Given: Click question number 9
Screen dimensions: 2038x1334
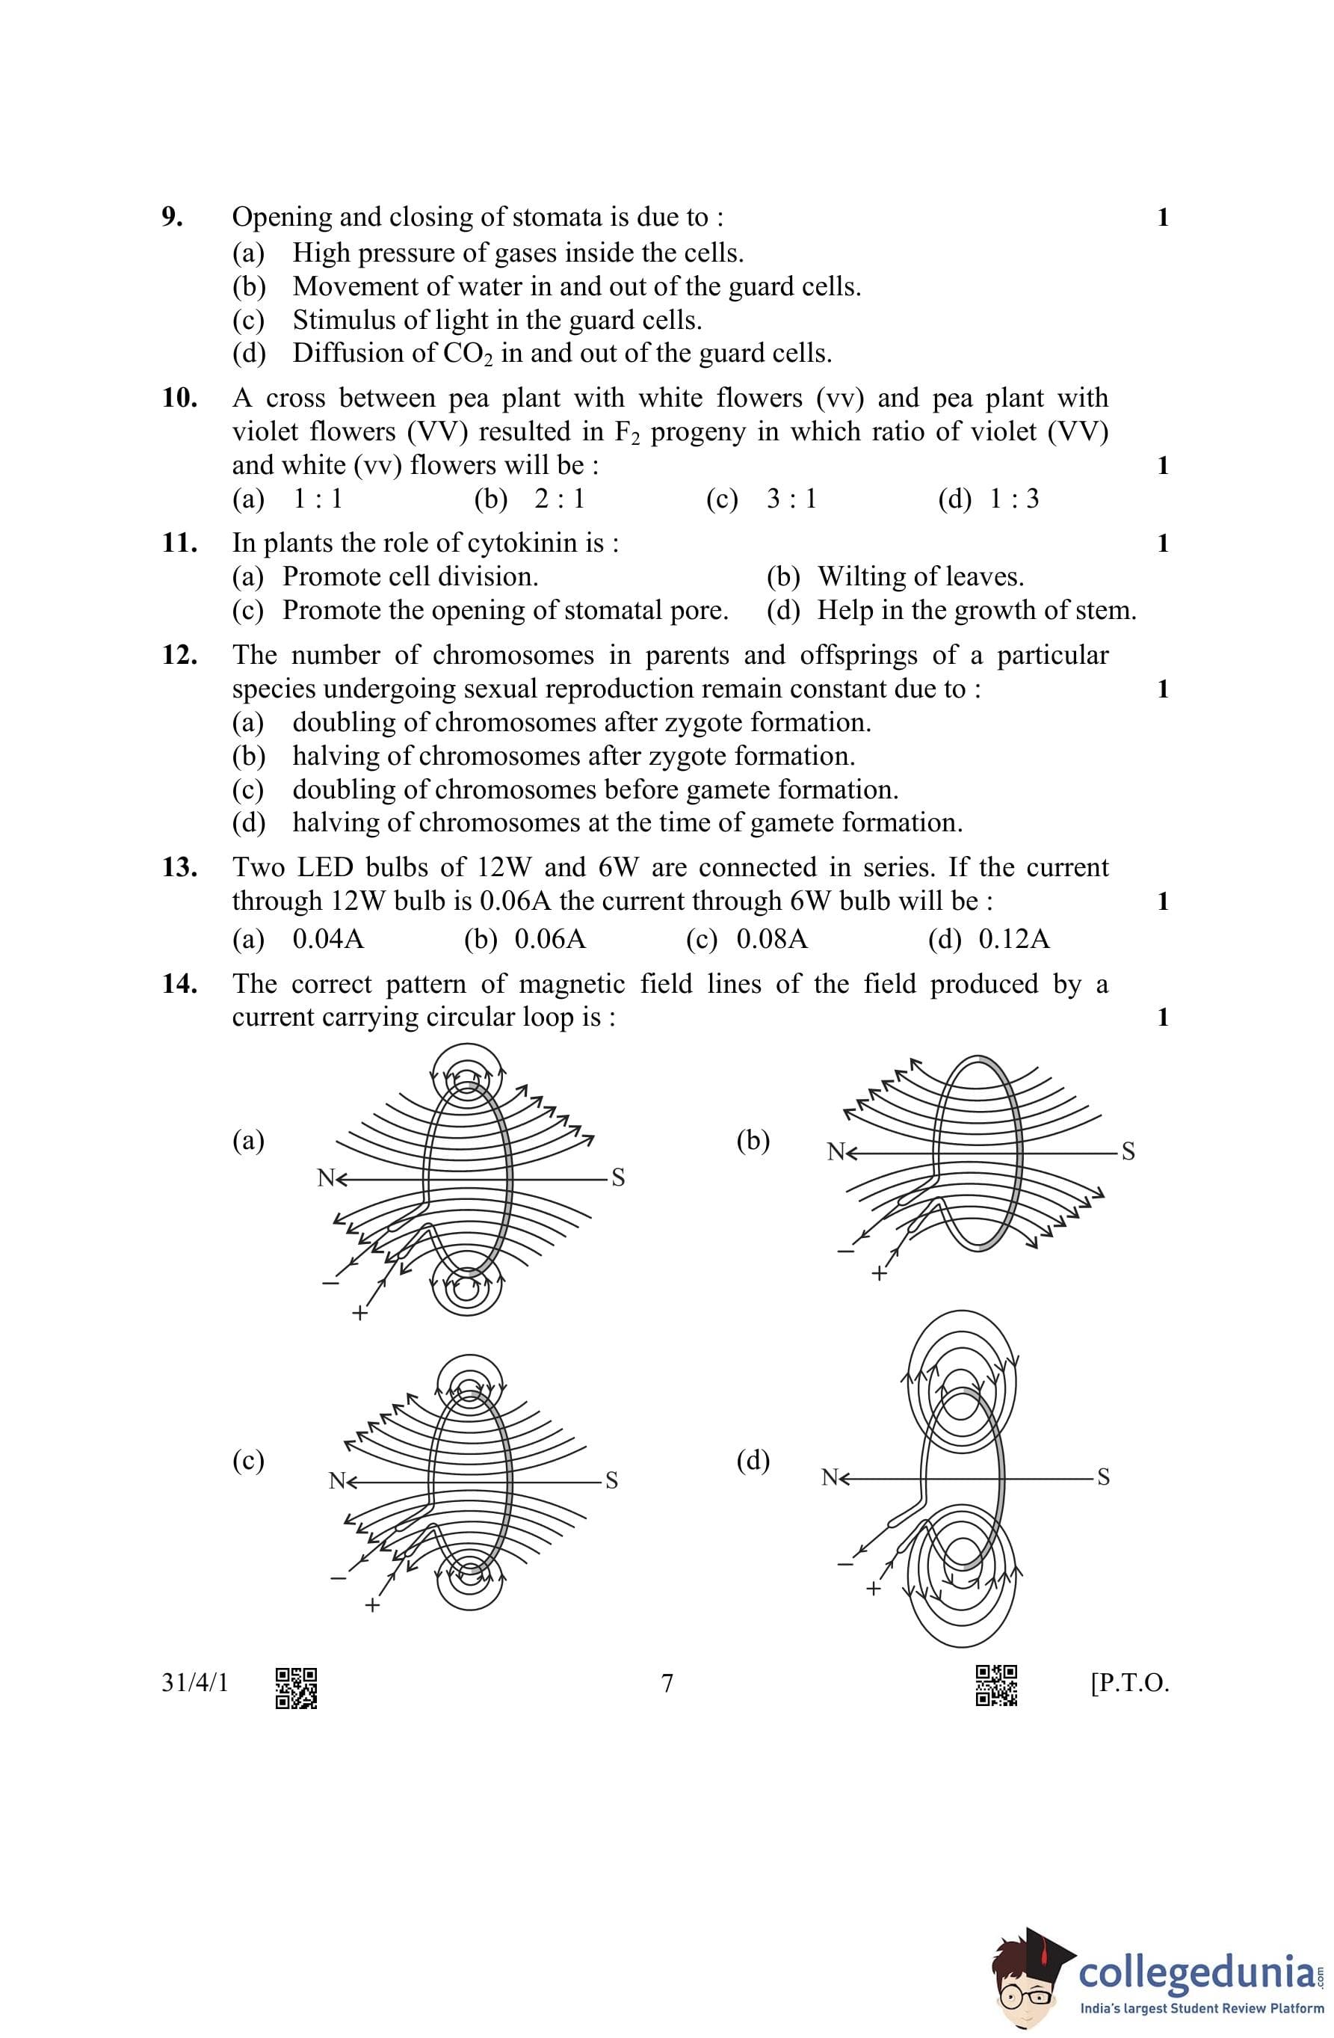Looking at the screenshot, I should [x=172, y=218].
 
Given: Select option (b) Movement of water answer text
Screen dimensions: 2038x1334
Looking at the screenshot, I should [x=576, y=286].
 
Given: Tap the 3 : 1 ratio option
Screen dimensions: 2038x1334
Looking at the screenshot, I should [x=791, y=499].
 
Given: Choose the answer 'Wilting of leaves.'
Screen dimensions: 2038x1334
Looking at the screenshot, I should [x=921, y=576].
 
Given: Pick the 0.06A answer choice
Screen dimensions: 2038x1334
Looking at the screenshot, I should [x=550, y=939].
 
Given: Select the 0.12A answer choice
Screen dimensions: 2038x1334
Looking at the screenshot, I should [x=1014, y=939].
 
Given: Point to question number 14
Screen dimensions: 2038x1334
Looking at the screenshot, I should [x=180, y=984].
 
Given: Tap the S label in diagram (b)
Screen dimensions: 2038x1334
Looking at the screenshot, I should [x=1128, y=1152].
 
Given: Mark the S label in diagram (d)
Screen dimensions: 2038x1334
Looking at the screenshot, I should [x=1103, y=1477].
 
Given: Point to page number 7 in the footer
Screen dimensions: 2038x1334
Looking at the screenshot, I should [x=667, y=1684].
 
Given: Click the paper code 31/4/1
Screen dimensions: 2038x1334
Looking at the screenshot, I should [x=195, y=1684].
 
